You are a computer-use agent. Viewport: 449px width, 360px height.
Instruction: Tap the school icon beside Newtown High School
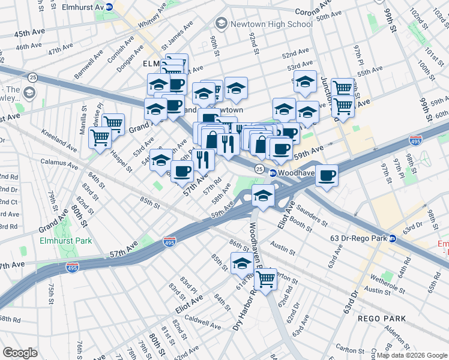pyautogui.click(x=221, y=23)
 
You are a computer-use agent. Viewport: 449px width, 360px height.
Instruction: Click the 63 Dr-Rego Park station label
pyautogui.click(x=358, y=238)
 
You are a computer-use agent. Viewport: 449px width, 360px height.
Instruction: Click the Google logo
pyautogui.click(x=20, y=352)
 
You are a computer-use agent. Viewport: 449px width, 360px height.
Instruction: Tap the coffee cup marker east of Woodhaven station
pyautogui.click(x=327, y=175)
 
